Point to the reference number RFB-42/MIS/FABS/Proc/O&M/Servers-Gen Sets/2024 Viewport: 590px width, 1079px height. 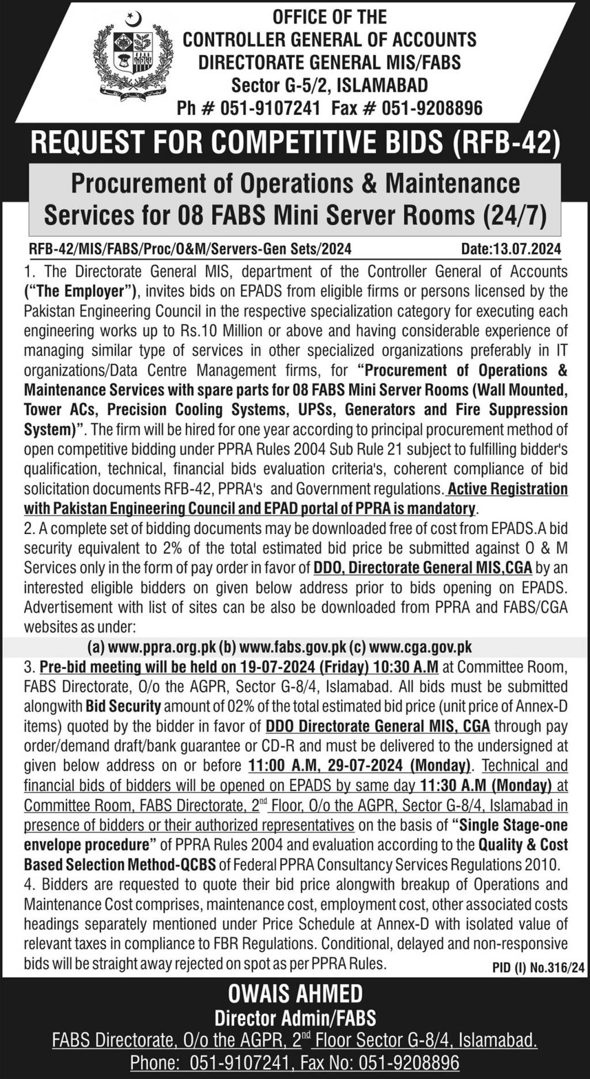coord(190,249)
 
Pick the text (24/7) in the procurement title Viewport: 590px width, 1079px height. coord(512,215)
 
